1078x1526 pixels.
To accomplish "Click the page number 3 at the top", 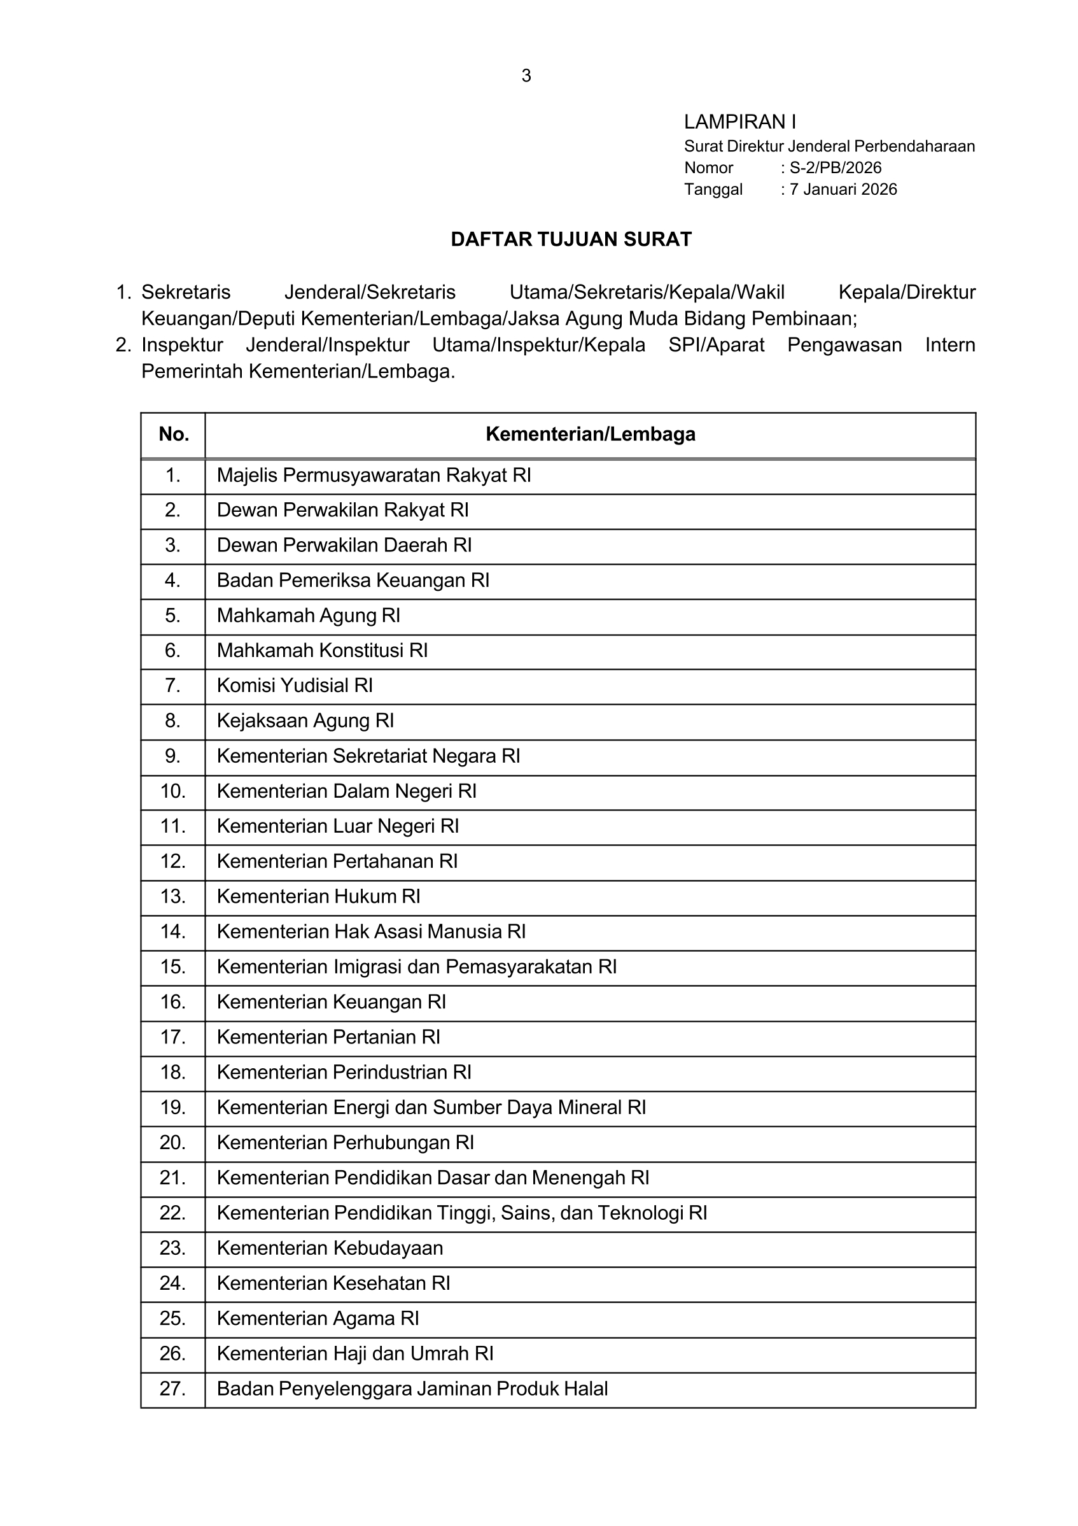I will click(526, 76).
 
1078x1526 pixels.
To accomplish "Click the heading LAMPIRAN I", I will click(740, 122).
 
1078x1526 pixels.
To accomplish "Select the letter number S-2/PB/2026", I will click(835, 167).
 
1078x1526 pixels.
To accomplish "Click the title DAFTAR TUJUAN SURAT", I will click(571, 239).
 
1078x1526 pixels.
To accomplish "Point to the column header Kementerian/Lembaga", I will click(591, 435).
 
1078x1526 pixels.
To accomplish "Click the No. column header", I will click(173, 435).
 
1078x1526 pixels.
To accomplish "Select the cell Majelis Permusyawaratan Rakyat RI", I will click(374, 476).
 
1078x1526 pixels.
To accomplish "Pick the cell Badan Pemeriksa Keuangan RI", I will click(353, 581).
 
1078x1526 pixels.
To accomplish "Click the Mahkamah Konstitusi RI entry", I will click(322, 651).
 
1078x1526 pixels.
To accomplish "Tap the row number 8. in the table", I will click(172, 721).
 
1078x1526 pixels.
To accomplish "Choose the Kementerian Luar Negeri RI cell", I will click(337, 827).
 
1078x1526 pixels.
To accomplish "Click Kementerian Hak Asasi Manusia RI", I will click(370, 932).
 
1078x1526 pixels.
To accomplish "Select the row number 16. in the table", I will click(172, 1002).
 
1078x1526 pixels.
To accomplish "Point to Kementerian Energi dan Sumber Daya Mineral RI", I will click(431, 1108).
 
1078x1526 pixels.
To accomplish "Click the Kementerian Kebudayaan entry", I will click(330, 1248).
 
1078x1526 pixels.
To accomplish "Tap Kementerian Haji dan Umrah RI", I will click(354, 1354).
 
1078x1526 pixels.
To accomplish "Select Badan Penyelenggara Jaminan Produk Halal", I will click(412, 1389).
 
